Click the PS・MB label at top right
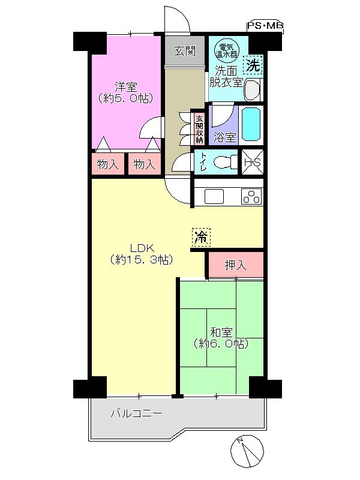(265, 26)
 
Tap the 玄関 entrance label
(185, 50)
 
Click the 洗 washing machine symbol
(253, 64)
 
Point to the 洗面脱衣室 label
(226, 76)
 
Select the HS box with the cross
(252, 161)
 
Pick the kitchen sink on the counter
(214, 196)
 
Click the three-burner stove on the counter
(251, 196)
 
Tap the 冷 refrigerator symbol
(202, 237)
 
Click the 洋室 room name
(126, 85)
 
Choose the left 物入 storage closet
(108, 164)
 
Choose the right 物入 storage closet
(145, 164)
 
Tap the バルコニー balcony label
(136, 413)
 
